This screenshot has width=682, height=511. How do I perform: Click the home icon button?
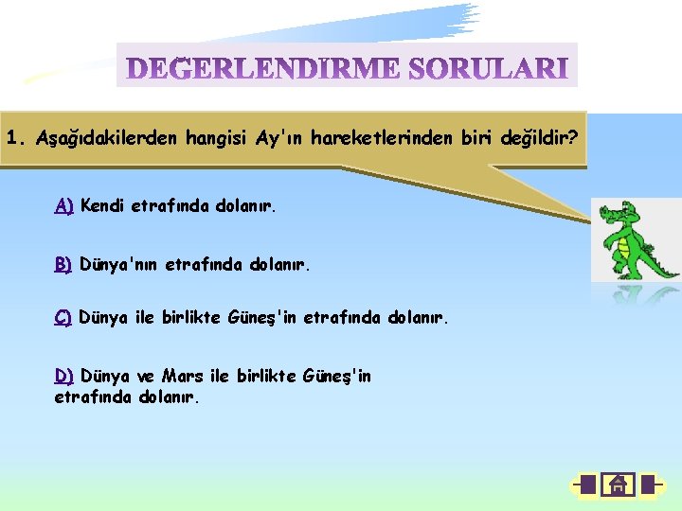(618, 485)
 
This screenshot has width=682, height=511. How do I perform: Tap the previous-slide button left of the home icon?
(585, 485)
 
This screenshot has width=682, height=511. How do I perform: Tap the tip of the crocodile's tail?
(674, 275)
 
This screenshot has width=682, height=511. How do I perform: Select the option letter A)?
(64, 205)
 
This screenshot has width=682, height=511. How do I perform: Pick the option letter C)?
(63, 317)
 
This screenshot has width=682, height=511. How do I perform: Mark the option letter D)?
(64, 377)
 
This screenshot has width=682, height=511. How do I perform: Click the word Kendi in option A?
(103, 205)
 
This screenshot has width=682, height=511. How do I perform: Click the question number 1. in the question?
(16, 137)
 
